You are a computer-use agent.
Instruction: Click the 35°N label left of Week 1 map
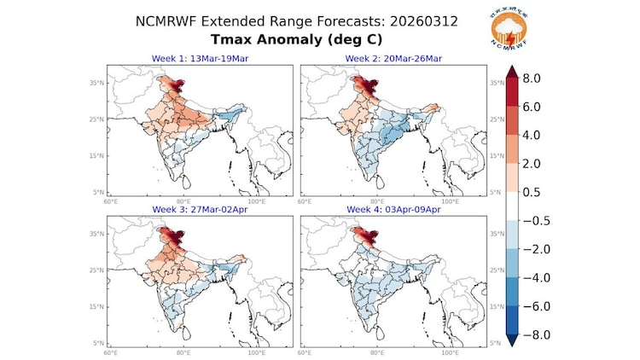98,83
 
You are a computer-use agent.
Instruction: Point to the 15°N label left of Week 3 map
98,306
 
